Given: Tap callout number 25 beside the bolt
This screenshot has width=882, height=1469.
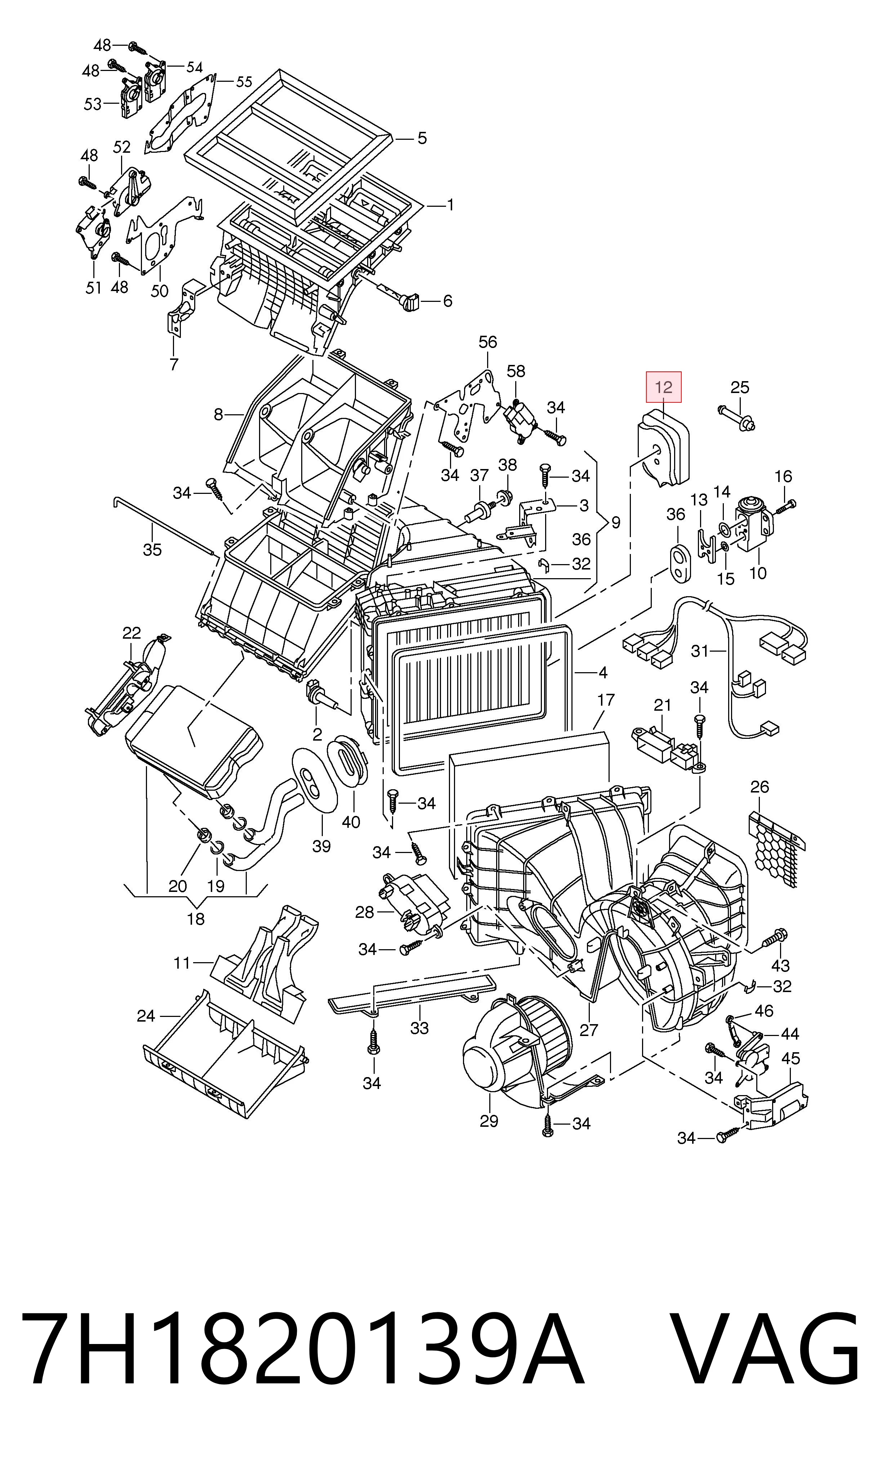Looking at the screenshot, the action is click(740, 388).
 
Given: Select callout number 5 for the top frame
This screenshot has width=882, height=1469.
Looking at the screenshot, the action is click(422, 138).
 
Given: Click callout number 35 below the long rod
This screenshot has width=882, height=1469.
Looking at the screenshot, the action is click(152, 550).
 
